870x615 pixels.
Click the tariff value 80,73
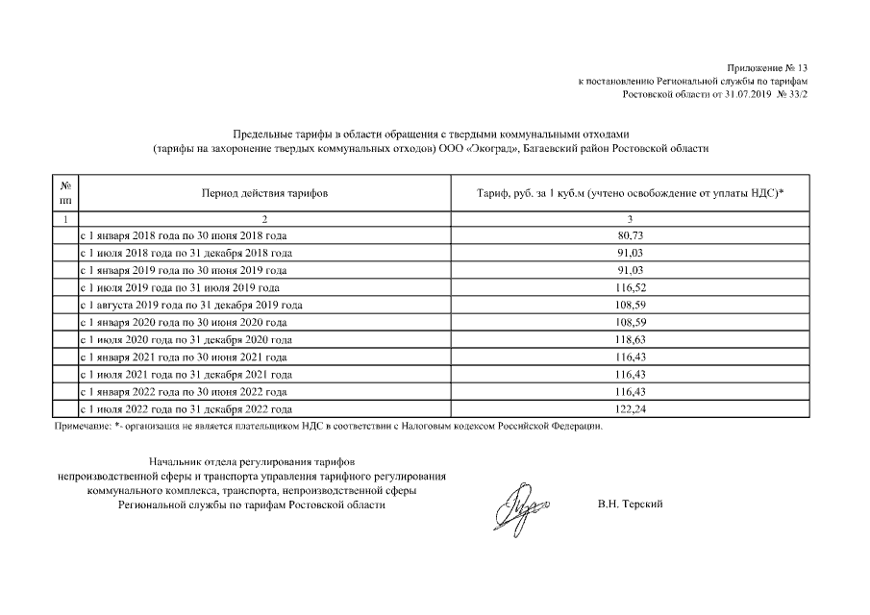[630, 235]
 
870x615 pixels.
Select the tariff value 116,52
[630, 287]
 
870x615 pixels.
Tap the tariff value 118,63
[630, 340]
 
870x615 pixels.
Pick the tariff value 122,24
[630, 409]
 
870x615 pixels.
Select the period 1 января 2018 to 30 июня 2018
[183, 235]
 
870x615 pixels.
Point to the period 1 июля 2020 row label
[186, 340]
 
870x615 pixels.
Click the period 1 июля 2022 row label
[186, 409]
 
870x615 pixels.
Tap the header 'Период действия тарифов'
[264, 193]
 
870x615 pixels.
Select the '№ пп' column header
[65, 193]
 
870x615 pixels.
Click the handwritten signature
[521, 504]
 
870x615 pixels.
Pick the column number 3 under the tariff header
[630, 220]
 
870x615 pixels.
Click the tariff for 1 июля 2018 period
[630, 253]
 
